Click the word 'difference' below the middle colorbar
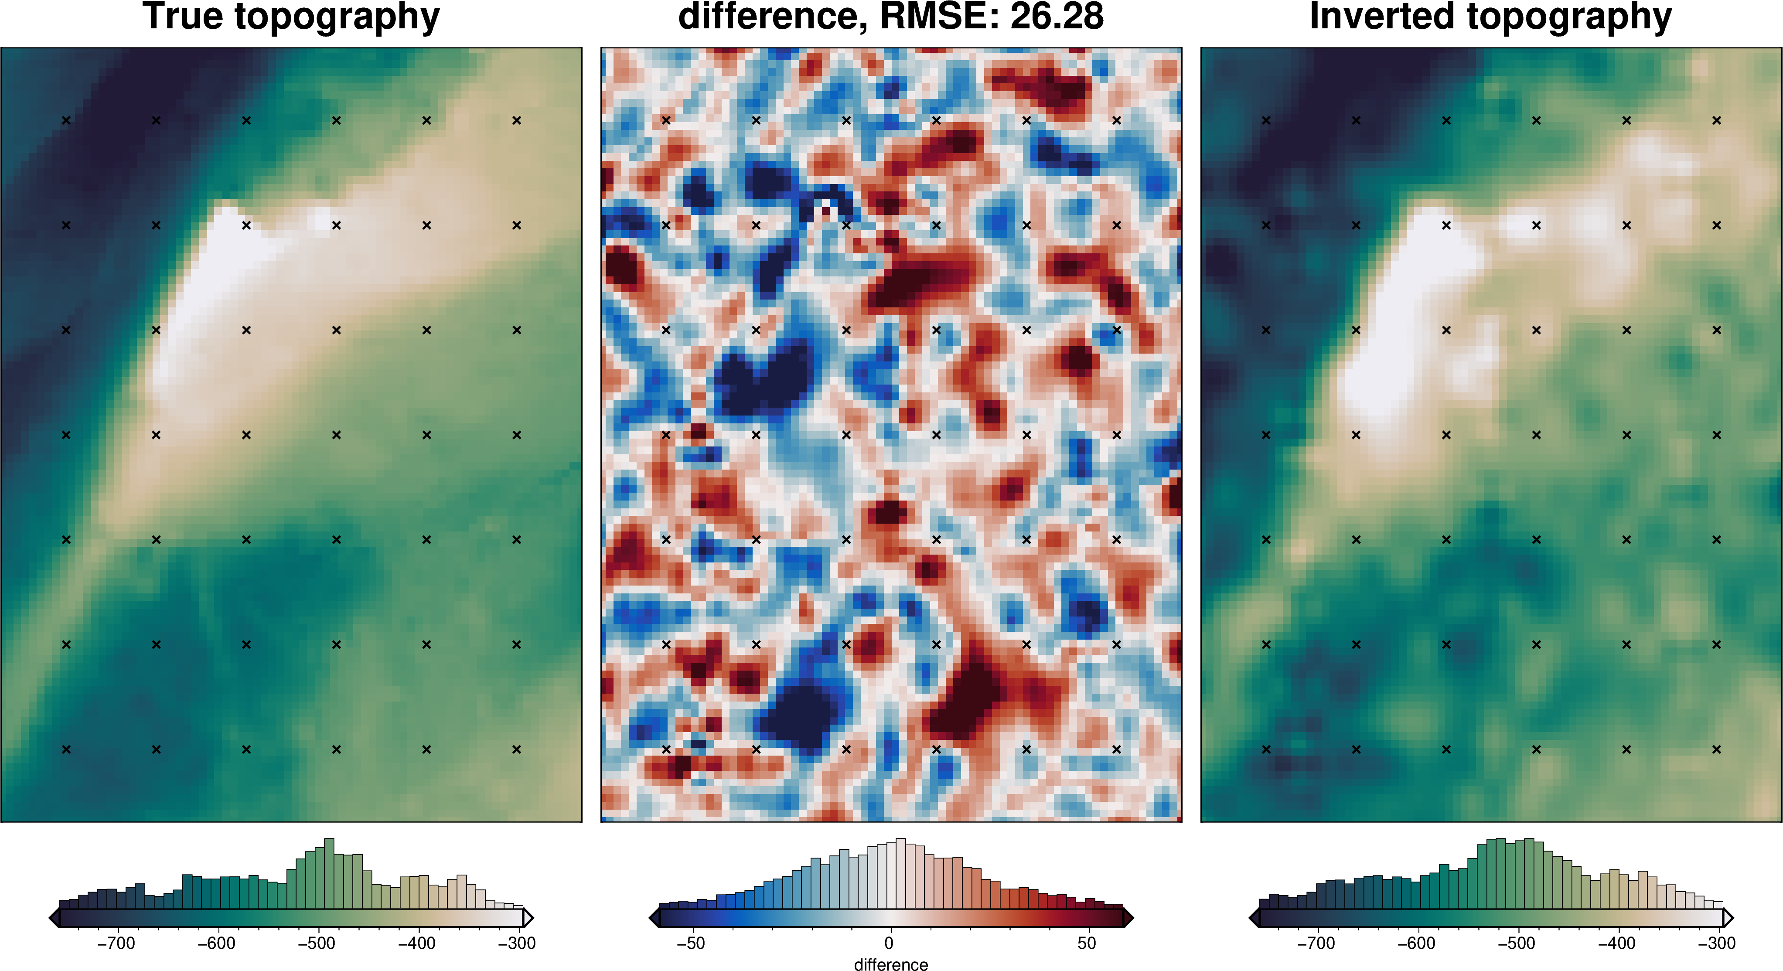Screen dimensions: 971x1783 coord(891,964)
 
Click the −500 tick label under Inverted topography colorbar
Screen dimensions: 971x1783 coord(1516,943)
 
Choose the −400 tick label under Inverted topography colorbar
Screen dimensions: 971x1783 coord(1616,943)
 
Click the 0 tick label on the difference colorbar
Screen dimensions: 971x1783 coord(889,943)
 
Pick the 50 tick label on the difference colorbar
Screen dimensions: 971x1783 coord(1087,943)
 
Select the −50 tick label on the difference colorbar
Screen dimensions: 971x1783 coord(690,943)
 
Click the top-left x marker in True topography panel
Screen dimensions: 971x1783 coord(66,120)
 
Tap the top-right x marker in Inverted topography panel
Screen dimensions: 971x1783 coord(1717,120)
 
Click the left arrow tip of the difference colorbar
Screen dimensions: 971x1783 coord(652,918)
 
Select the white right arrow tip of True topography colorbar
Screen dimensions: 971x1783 coord(529,918)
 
